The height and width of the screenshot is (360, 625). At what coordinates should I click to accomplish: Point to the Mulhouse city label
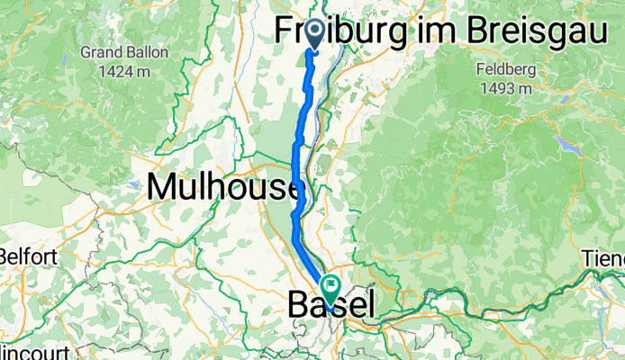[x=222, y=186]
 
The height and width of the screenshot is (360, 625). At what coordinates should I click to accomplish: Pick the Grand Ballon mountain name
[x=124, y=52]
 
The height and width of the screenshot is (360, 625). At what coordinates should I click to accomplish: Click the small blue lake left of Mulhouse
[x=135, y=184]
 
